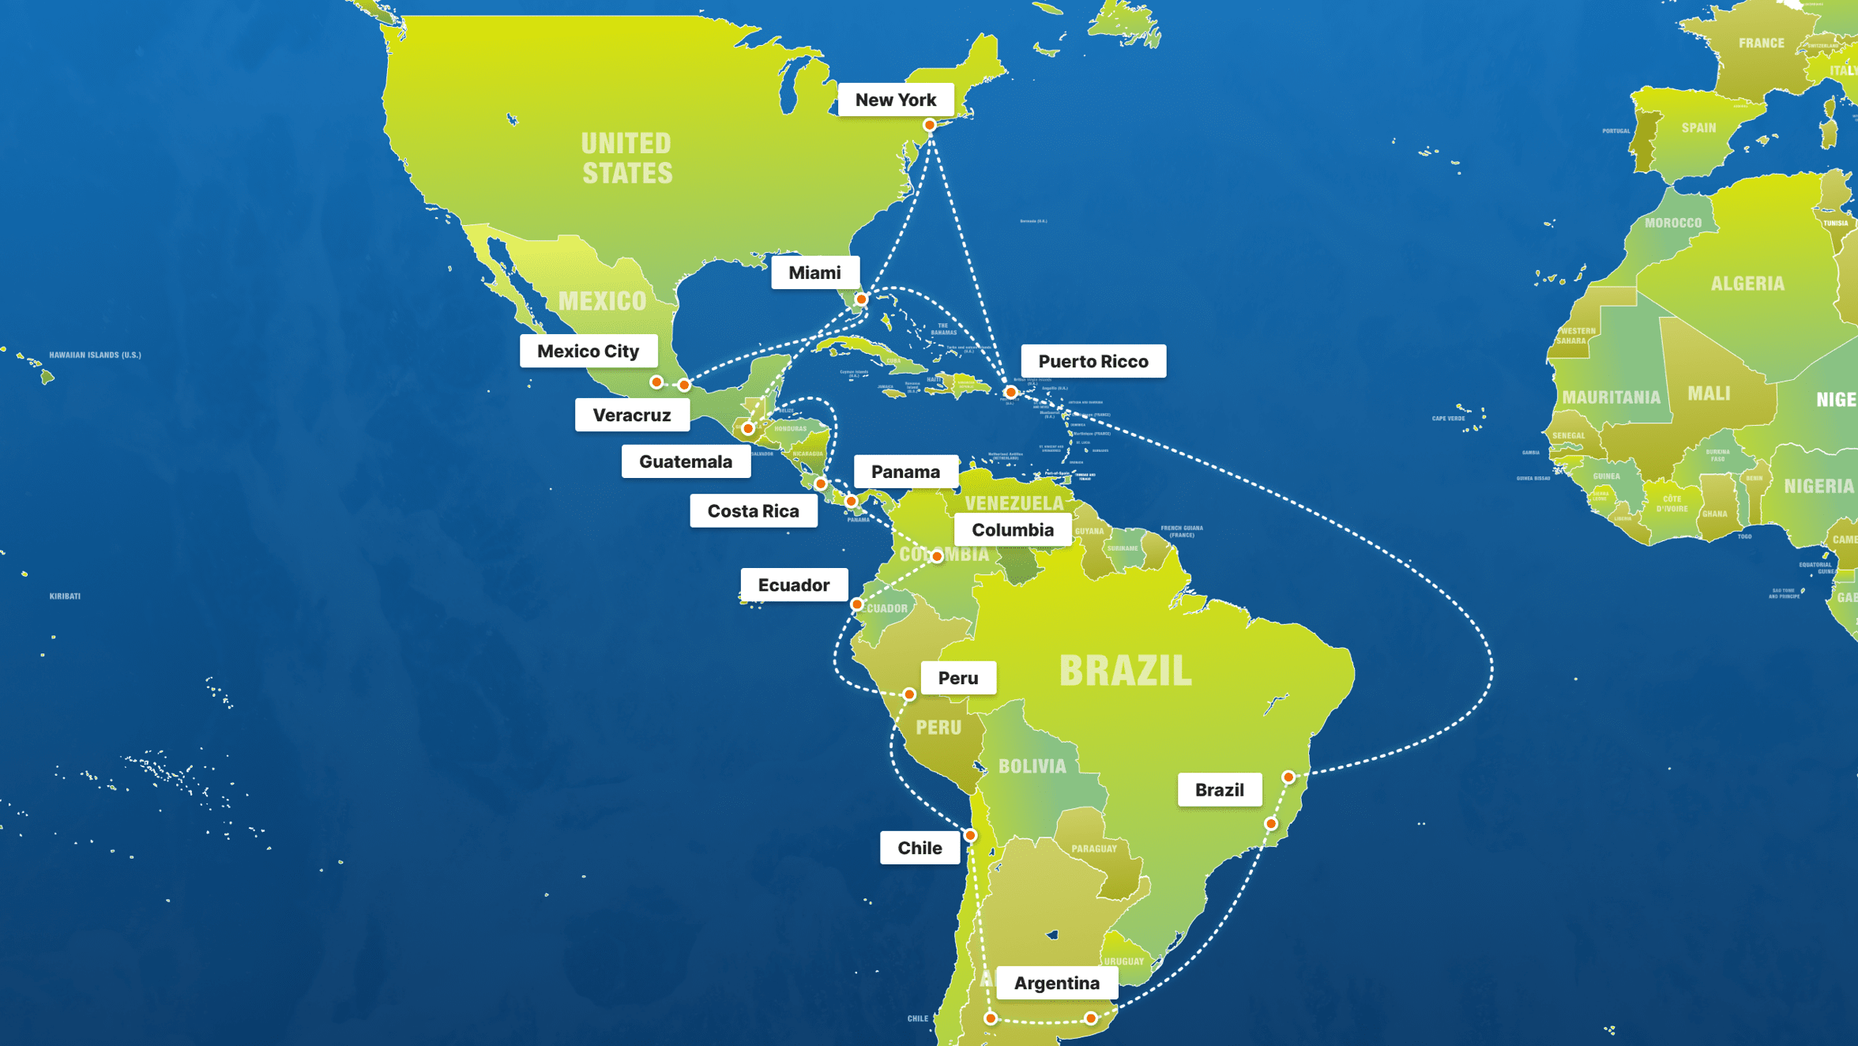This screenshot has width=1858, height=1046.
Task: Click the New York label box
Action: (895, 100)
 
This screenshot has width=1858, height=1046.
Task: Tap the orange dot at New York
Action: (930, 125)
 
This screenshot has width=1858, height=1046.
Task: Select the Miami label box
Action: (814, 273)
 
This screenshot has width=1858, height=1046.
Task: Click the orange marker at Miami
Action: (862, 299)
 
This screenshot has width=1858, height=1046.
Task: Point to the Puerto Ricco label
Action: (1093, 361)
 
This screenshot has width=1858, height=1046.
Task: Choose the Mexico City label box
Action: (588, 351)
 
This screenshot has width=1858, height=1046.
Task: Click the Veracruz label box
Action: (631, 415)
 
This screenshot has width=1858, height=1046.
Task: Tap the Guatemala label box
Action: (685, 461)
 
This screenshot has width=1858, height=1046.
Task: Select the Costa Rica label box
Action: (753, 511)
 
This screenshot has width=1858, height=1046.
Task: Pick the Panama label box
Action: (905, 472)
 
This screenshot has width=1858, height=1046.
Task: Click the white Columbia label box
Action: (1012, 529)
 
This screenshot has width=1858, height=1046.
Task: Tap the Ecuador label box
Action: (793, 585)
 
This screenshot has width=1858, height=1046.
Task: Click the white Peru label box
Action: (957, 678)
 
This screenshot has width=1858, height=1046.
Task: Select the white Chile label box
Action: (920, 848)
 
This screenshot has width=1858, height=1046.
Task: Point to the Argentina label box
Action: (1056, 983)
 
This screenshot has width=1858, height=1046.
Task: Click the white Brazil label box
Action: (1219, 790)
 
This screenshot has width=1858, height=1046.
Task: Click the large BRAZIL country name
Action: (1125, 671)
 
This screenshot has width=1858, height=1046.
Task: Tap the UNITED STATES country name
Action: (627, 158)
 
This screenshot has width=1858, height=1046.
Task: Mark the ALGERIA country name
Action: (1747, 284)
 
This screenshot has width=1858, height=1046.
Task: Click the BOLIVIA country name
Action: (1032, 766)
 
